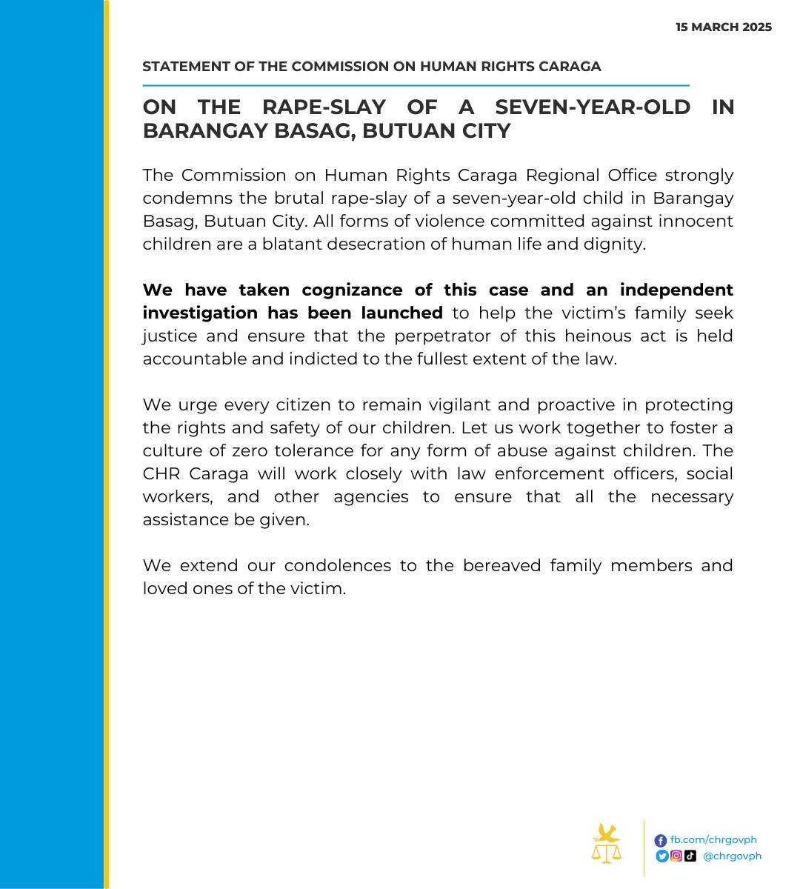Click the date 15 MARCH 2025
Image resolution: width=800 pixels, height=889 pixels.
pos(724,27)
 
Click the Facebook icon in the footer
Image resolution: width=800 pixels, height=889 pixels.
pos(661,840)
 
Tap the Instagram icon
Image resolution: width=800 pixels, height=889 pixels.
pos(676,856)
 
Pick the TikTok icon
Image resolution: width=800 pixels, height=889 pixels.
pos(690,856)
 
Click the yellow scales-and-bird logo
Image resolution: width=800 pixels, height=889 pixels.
pos(607,844)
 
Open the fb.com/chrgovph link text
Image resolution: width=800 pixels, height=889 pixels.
pos(713,840)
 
